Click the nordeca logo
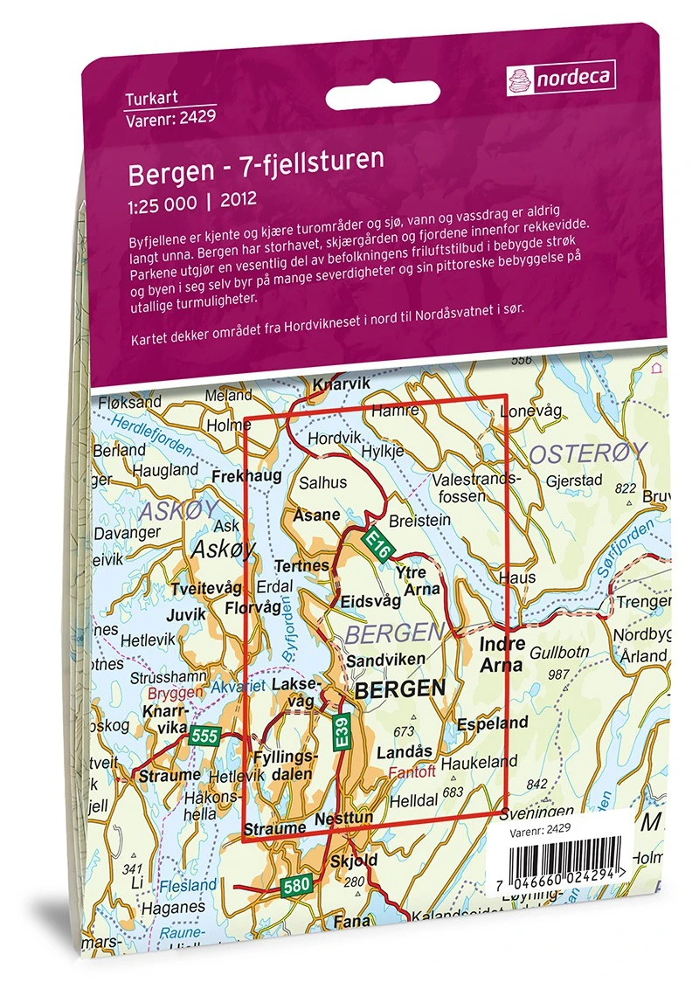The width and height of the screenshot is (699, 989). (559, 78)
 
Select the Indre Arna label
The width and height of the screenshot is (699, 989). (502, 654)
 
